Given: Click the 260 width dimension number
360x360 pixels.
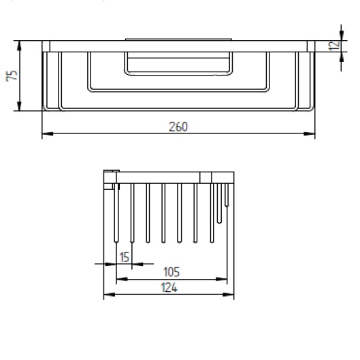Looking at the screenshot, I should click(x=178, y=126).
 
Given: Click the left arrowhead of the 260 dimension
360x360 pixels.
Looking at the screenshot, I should click(x=46, y=133).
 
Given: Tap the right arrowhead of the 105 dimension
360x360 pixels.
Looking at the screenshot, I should click(x=224, y=279).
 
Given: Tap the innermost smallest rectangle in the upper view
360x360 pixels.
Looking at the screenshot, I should click(x=178, y=64).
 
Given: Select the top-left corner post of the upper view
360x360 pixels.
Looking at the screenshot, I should click(x=46, y=46).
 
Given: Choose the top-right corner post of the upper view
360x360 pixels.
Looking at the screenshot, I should click(x=310, y=46).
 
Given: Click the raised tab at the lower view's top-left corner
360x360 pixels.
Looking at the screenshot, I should click(x=111, y=171).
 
